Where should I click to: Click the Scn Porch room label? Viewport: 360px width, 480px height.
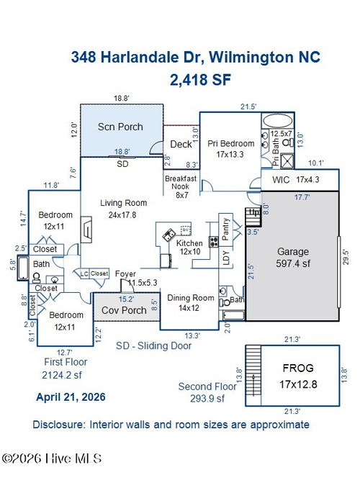[x=120, y=127]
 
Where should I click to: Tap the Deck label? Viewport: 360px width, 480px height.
[x=181, y=144]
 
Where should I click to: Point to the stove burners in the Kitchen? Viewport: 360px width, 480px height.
[x=214, y=242]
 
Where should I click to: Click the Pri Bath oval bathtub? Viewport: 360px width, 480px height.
[x=278, y=121]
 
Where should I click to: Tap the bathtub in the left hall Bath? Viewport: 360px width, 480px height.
[x=23, y=268]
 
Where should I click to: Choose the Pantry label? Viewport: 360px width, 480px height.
[x=225, y=229]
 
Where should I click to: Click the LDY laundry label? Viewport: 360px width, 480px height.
[x=226, y=258]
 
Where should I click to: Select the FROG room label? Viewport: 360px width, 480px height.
[x=298, y=368]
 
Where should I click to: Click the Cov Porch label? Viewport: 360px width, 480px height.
[x=124, y=310]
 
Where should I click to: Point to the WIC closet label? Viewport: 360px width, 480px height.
[x=281, y=180]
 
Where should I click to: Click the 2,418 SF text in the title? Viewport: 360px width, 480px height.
[x=200, y=80]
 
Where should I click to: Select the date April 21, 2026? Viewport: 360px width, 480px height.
[x=71, y=397]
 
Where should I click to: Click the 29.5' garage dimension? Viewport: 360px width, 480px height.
[x=346, y=257]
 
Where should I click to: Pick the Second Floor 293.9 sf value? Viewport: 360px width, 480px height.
[x=207, y=399]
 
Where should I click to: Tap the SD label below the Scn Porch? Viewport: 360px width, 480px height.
[x=122, y=164]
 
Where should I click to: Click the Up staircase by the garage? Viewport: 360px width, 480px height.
[x=253, y=217]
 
